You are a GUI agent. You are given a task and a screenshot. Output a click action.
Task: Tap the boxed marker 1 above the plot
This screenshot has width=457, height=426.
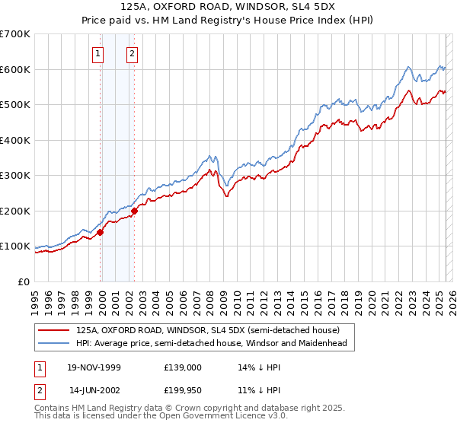click(x=99, y=53)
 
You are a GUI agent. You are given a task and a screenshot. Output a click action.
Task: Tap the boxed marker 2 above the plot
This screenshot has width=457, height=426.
click(x=133, y=53)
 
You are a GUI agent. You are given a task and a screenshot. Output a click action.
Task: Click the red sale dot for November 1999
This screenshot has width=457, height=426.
click(x=100, y=233)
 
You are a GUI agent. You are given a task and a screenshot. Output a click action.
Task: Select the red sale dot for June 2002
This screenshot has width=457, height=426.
click(x=134, y=211)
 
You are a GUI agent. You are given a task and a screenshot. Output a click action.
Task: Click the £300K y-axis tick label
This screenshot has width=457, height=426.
click(x=15, y=176)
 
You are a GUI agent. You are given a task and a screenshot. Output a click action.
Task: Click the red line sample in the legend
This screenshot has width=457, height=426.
click(x=54, y=329)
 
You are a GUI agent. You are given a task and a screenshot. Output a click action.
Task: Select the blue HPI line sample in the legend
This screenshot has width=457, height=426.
click(x=54, y=343)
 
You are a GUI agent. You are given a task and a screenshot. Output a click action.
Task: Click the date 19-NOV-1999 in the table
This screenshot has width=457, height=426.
click(x=94, y=367)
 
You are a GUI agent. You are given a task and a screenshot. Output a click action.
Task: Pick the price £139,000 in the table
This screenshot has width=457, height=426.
click(x=182, y=367)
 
